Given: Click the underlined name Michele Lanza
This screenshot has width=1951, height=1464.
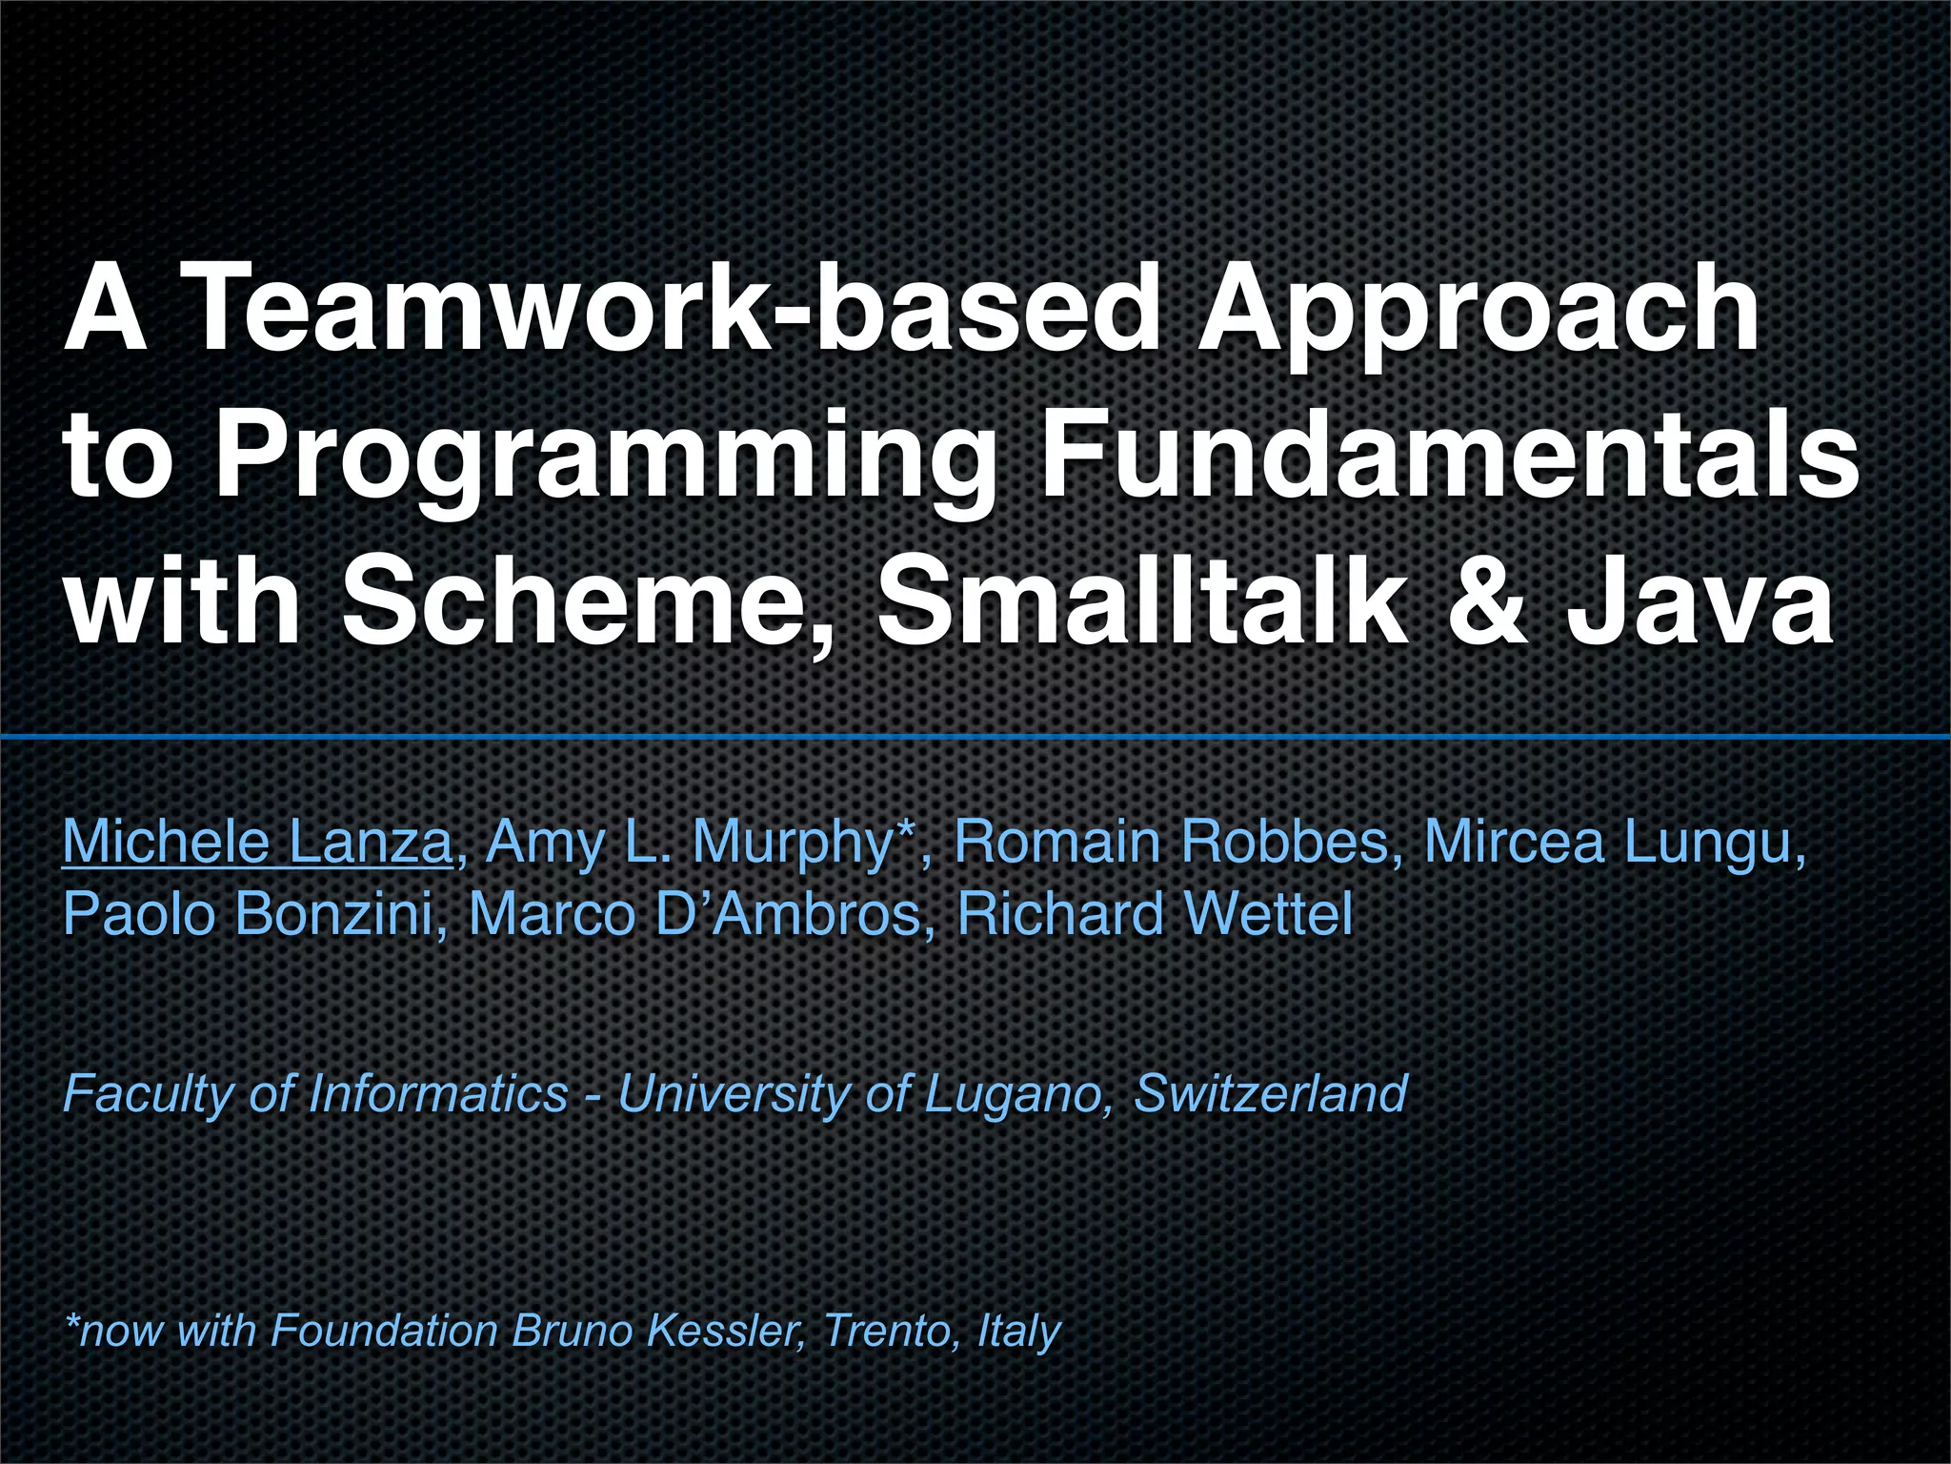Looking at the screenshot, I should click(257, 843).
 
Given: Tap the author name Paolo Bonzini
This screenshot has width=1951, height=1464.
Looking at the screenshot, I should click(248, 913).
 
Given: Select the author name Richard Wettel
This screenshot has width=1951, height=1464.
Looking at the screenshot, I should click(1155, 913).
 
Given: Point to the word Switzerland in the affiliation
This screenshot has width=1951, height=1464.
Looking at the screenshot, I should click(1271, 1092).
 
